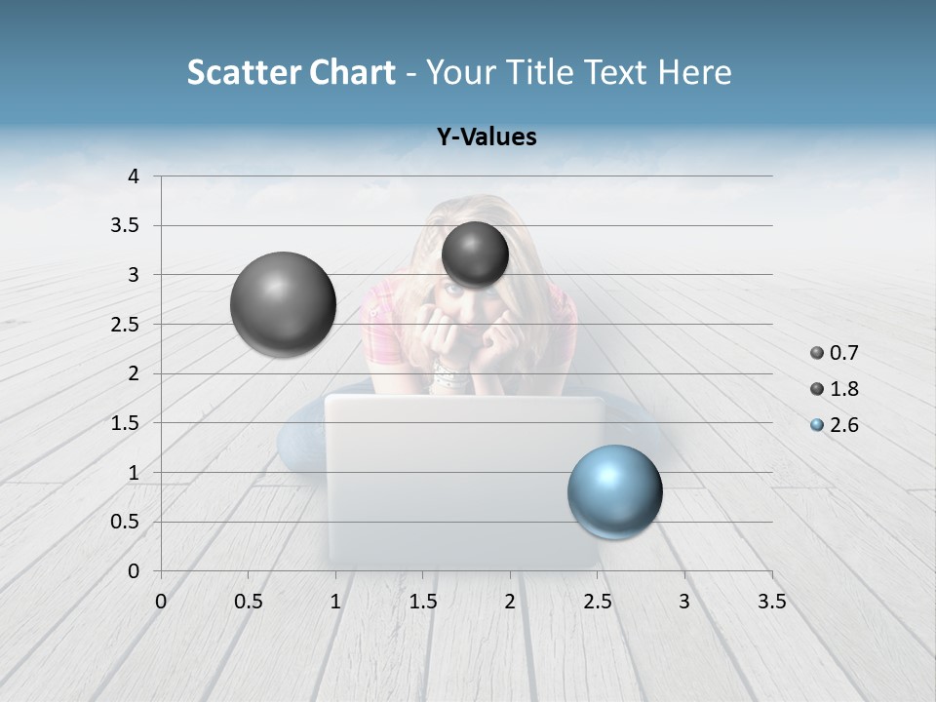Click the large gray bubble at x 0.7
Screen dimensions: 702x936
(x=283, y=304)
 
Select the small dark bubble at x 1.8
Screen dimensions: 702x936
(x=475, y=254)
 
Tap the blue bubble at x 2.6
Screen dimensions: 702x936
(x=614, y=491)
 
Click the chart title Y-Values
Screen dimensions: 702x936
(x=487, y=137)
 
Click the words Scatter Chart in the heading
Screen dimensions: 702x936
(x=291, y=72)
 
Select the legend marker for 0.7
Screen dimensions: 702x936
(x=817, y=353)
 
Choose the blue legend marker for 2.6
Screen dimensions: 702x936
(x=817, y=425)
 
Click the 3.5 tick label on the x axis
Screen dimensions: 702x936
(x=771, y=602)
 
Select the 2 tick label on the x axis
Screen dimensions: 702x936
(x=510, y=602)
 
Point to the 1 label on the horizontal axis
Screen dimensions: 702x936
(x=335, y=602)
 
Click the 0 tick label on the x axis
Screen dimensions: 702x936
(x=161, y=602)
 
